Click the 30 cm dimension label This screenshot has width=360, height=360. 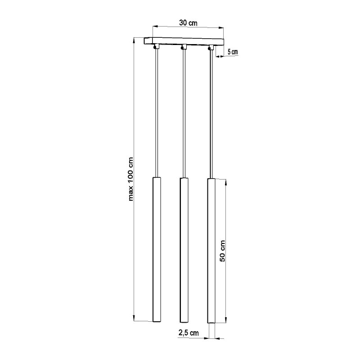click(x=188, y=23)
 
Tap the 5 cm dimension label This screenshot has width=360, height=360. click(x=233, y=52)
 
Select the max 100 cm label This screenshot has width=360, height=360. click(x=130, y=179)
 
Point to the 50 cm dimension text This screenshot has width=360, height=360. click(x=222, y=251)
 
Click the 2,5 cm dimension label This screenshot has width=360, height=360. click(x=189, y=333)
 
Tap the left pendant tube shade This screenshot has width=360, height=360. click(x=157, y=249)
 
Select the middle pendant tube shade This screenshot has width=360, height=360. click(x=184, y=250)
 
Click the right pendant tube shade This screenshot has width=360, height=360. click(x=211, y=251)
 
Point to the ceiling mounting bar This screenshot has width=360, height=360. click(x=184, y=41)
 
